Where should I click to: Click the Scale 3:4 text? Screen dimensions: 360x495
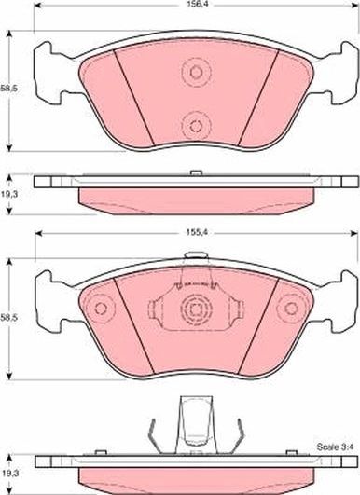[336, 447]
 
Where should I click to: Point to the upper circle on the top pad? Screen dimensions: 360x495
[196, 73]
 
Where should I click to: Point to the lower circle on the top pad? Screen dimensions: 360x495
[196, 126]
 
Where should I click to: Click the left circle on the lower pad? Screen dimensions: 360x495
[101, 309]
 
